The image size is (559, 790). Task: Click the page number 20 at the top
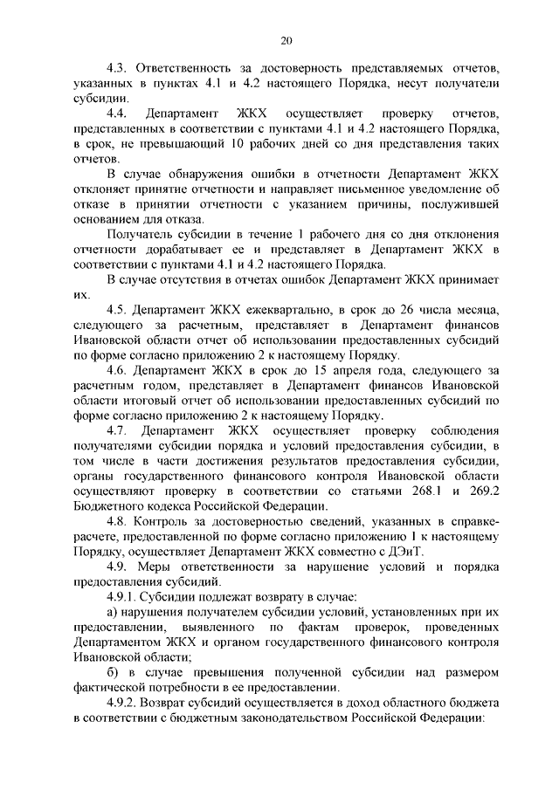[286, 39]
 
